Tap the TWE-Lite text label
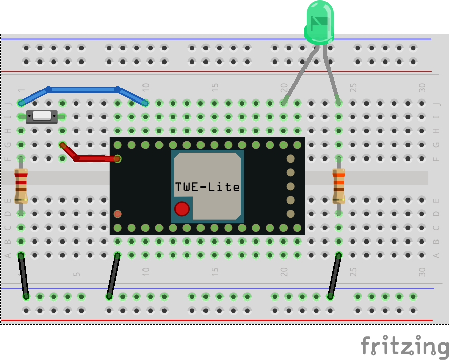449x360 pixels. click(207, 187)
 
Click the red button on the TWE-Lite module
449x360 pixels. click(181, 209)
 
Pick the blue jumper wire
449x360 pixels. click(82, 89)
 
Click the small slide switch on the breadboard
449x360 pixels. click(43, 116)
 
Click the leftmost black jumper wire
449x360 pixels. click(24, 275)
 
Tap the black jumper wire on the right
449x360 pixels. click(334, 275)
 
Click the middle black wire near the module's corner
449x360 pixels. click(113, 275)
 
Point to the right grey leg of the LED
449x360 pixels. click(332, 74)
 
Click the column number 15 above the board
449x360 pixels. click(215, 88)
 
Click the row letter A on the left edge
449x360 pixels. click(7, 255)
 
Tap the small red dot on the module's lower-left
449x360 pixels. click(117, 213)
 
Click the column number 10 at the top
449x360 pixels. click(146, 88)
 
